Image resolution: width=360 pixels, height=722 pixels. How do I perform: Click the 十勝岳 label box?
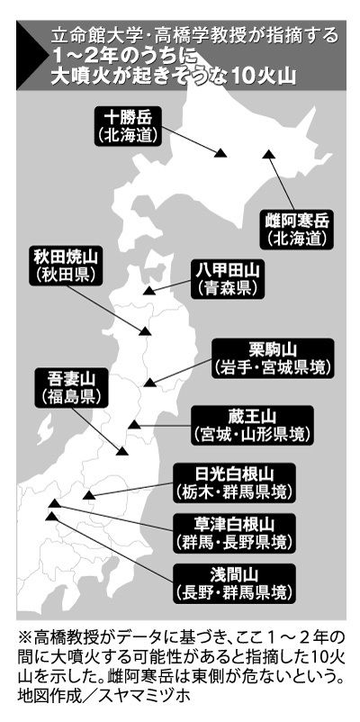(128, 126)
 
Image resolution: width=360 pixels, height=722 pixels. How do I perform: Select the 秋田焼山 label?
(67, 266)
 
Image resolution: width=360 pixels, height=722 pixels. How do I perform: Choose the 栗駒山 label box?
(272, 358)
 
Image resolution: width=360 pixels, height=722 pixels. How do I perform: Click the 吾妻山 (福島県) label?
(71, 388)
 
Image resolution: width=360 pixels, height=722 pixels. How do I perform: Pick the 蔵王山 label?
(252, 425)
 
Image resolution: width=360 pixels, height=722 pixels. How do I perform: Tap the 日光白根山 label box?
(234, 483)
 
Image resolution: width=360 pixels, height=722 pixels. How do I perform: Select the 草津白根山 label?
(234, 533)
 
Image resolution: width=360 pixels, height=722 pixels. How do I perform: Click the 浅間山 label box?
(234, 583)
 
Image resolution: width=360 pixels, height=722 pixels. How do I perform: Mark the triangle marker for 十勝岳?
(220, 153)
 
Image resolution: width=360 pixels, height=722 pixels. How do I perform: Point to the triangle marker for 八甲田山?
(148, 290)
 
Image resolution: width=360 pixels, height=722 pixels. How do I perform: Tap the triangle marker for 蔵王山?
(134, 424)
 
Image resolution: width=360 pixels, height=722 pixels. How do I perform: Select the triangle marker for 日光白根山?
(89, 495)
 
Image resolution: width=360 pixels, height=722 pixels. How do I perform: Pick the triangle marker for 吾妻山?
(122, 450)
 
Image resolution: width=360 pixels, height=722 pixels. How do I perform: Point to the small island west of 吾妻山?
(45, 433)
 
